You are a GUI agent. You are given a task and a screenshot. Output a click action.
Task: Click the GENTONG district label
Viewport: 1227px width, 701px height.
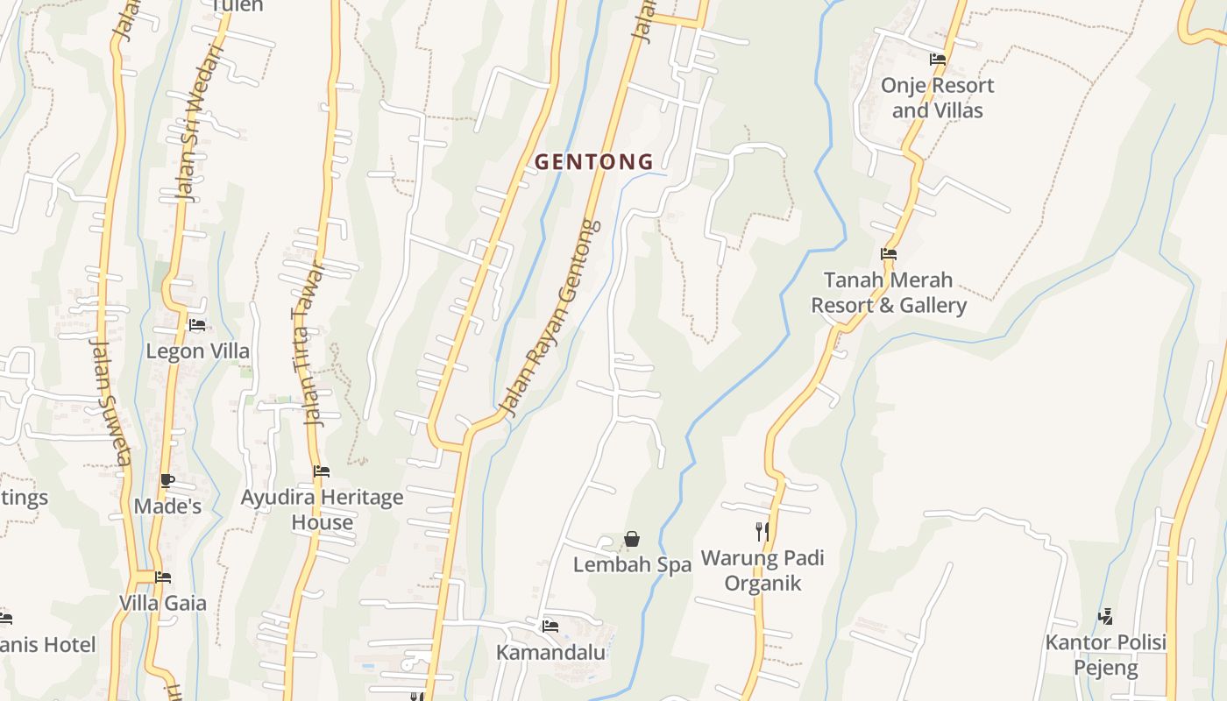coord(593,162)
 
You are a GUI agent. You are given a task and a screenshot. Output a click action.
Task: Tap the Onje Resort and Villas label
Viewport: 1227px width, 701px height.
coord(937,98)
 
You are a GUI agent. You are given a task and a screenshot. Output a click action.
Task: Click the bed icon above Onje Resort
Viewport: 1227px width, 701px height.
coord(937,60)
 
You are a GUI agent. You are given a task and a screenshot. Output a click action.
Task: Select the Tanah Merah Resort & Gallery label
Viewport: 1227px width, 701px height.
coord(888,293)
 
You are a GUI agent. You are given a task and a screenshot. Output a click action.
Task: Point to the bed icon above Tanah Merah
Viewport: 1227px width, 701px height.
coord(888,254)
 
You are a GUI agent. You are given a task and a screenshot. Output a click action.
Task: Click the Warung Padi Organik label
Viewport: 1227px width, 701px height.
coord(762,570)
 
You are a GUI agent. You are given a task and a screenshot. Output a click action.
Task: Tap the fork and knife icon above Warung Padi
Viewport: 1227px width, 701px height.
coord(762,531)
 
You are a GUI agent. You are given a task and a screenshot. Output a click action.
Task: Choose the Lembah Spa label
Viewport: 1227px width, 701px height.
coord(632,565)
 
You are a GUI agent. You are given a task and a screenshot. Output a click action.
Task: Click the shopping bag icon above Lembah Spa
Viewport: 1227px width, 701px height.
coord(631,539)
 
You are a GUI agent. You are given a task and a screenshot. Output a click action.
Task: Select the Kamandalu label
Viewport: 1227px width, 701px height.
coord(550,653)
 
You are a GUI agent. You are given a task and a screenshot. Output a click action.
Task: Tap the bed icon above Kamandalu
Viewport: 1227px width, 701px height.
coord(550,626)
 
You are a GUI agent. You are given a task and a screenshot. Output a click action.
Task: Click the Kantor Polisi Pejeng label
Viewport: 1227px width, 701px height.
coord(1105,655)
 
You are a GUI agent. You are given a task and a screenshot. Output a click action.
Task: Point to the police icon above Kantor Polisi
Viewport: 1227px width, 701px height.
coord(1105,617)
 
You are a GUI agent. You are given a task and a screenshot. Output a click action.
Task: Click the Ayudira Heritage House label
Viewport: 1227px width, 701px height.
coord(322,510)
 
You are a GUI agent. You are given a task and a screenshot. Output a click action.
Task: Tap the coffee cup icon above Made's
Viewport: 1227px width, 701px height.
coord(167,480)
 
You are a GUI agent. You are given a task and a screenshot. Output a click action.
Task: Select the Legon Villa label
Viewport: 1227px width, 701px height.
coord(197,351)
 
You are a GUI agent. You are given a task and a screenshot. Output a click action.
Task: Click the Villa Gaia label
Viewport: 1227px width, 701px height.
coord(163,603)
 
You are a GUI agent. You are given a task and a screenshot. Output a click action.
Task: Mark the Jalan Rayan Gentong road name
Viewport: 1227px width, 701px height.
coord(550,318)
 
